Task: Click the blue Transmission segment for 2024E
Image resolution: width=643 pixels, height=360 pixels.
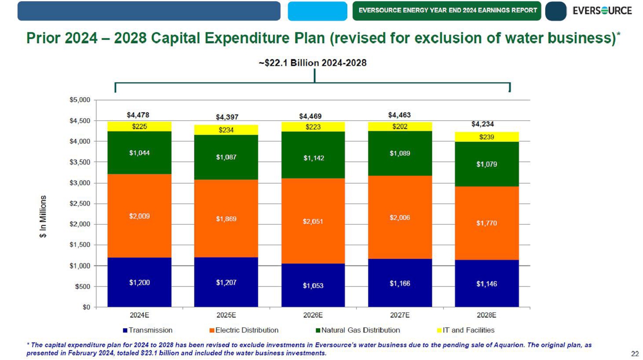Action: pos(139,274)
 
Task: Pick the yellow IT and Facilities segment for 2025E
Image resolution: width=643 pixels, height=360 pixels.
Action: pos(226,130)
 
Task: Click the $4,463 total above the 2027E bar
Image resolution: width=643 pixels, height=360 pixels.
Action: pos(399,115)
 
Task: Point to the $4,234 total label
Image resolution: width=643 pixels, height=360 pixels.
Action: pos(482,124)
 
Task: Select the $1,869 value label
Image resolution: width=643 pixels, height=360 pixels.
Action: pos(226,219)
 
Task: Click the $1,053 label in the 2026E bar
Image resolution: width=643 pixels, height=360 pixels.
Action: pos(313,286)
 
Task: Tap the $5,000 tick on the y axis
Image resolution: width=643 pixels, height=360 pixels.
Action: pos(80,100)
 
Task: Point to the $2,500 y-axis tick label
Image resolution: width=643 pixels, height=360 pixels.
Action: pos(80,204)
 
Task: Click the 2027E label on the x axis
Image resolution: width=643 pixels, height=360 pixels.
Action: pos(400,315)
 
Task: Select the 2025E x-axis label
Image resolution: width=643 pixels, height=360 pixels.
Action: pos(226,315)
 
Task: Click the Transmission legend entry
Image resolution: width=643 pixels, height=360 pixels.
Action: pos(148,330)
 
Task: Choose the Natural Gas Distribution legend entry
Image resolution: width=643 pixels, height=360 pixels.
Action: pos(358,330)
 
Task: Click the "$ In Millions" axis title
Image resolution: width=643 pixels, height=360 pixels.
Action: pos(43,216)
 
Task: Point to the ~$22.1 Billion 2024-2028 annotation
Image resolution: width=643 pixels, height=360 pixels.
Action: pos(312,63)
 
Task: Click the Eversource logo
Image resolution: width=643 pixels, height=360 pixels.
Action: pos(602,11)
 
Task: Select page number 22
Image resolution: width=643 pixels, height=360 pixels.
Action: pos(634,353)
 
